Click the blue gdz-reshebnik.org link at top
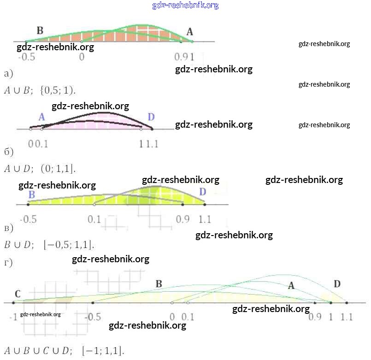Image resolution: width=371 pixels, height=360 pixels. click(x=185, y=6)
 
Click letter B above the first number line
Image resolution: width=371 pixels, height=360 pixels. click(x=40, y=30)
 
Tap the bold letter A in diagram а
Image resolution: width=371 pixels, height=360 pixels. click(x=190, y=31)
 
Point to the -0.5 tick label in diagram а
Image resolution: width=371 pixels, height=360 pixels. click(x=26, y=57)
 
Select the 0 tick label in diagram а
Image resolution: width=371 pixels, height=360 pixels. click(x=82, y=57)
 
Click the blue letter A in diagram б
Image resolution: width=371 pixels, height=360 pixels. click(x=41, y=117)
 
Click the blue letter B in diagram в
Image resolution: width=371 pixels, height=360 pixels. click(x=31, y=195)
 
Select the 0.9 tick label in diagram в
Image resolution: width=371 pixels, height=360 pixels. click(x=183, y=219)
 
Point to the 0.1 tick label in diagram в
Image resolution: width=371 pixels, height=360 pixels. click(x=94, y=219)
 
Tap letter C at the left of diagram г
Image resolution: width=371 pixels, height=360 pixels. click(x=18, y=294)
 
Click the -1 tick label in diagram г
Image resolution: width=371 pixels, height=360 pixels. click(x=13, y=317)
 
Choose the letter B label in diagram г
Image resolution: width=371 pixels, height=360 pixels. click(x=159, y=284)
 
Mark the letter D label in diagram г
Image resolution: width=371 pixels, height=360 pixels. click(x=337, y=283)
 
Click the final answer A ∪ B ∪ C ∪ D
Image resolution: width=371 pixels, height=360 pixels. click(x=64, y=350)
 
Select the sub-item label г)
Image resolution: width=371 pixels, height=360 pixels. click(x=8, y=263)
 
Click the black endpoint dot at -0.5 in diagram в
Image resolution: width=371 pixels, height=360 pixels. click(x=28, y=204)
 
